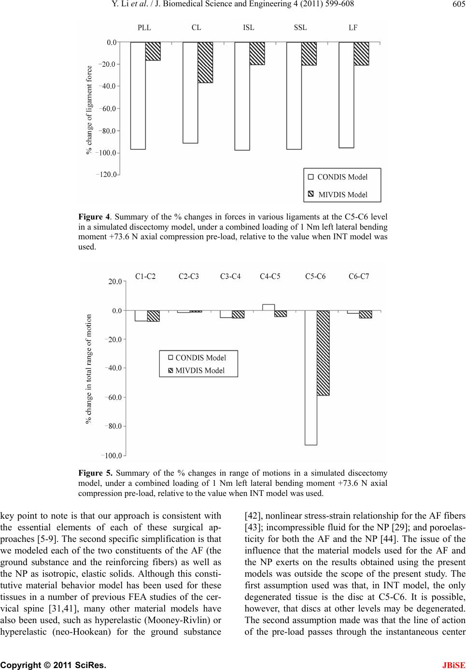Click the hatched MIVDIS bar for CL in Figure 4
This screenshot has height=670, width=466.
click(x=205, y=62)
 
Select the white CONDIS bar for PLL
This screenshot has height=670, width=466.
click(x=138, y=96)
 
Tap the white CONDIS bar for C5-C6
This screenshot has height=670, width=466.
click(x=311, y=378)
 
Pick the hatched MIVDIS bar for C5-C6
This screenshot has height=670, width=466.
click(x=323, y=353)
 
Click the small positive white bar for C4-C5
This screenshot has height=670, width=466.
click(x=268, y=307)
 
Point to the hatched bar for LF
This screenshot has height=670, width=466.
click(x=361, y=54)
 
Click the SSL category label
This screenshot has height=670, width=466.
click(x=300, y=28)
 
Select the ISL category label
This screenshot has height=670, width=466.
click(x=249, y=28)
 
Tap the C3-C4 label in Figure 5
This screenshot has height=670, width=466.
click(x=230, y=277)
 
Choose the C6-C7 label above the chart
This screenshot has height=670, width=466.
click(x=359, y=277)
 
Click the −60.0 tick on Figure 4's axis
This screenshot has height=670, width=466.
click(x=108, y=109)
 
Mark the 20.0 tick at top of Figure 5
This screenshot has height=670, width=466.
click(x=115, y=281)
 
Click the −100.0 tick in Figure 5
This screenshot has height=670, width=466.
click(x=112, y=455)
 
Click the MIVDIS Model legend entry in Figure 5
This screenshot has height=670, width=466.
click(x=199, y=371)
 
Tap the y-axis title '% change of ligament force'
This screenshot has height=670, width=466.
click(x=89, y=111)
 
